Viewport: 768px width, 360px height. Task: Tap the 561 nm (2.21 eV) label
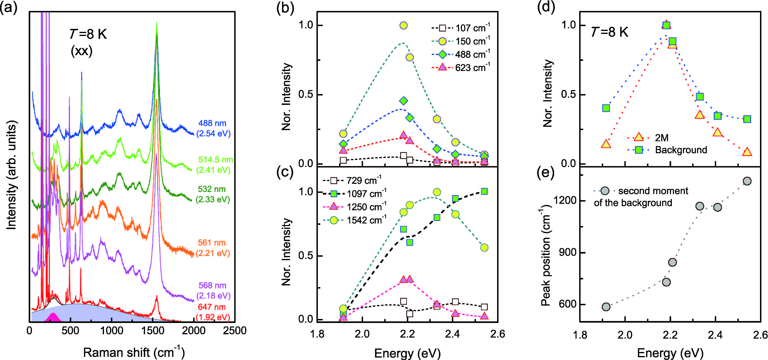[x=212, y=248]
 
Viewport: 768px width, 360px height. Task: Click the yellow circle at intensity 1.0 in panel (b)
[x=403, y=25]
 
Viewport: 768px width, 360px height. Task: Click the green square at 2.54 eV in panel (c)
[x=484, y=191]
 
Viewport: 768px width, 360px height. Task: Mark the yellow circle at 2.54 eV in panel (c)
[x=484, y=247]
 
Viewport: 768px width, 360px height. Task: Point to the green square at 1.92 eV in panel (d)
[x=606, y=108]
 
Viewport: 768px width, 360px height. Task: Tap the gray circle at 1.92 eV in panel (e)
[x=606, y=307]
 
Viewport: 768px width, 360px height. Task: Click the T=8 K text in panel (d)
[x=610, y=32]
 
